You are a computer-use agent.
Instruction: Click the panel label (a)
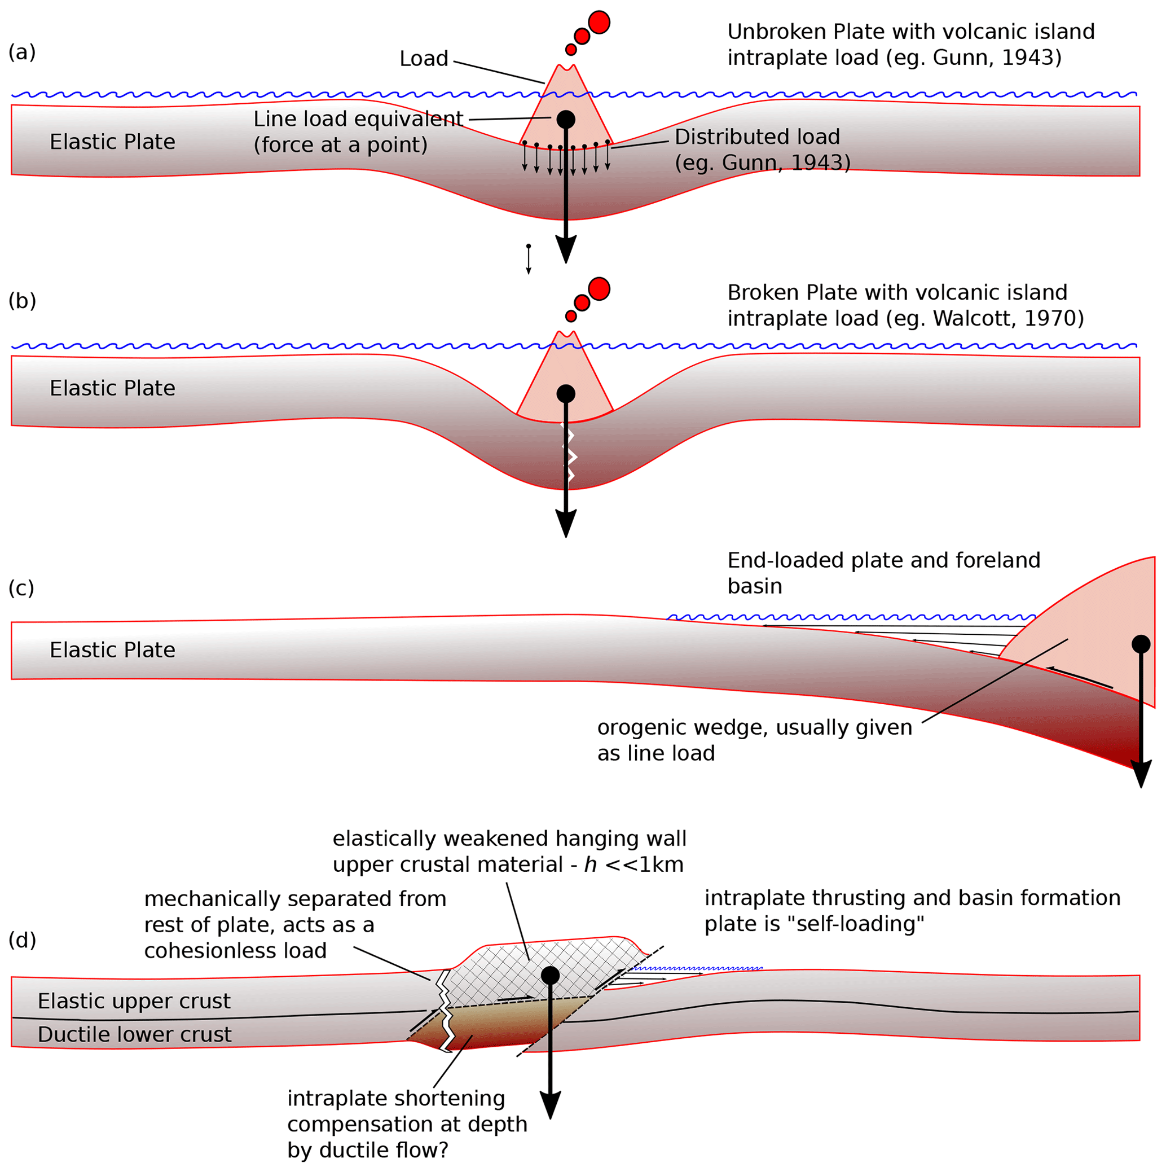pos(22,53)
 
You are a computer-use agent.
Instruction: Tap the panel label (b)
pos(22,301)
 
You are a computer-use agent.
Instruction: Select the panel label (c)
pos(21,588)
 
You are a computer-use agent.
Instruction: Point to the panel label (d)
pos(22,940)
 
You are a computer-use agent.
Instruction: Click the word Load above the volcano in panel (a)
pos(423,59)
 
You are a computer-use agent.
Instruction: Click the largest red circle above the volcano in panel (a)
pos(599,23)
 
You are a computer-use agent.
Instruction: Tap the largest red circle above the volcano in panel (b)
pos(599,289)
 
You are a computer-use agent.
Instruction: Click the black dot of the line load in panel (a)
pos(566,120)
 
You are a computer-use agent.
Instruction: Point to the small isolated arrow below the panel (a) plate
pos(528,259)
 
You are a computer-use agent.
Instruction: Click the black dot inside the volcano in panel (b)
pos(566,394)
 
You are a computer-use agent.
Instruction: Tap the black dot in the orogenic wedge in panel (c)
pos(1141,644)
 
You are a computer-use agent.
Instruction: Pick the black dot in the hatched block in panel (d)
pos(550,975)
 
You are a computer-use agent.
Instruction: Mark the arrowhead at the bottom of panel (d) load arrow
pos(550,1105)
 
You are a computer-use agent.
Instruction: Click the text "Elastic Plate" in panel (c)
pos(112,649)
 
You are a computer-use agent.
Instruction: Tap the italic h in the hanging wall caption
pos(590,864)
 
